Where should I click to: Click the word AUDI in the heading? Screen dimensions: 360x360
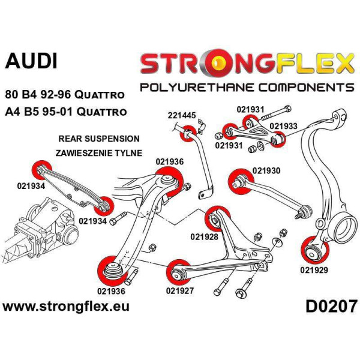point(31,61)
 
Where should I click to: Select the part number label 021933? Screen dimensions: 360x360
point(282,126)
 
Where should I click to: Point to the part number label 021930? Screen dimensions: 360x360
point(265,171)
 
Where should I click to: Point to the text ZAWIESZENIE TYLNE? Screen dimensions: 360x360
point(98,152)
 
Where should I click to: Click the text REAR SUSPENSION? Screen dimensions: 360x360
point(99,139)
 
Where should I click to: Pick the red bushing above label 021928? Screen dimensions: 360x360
point(214,219)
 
